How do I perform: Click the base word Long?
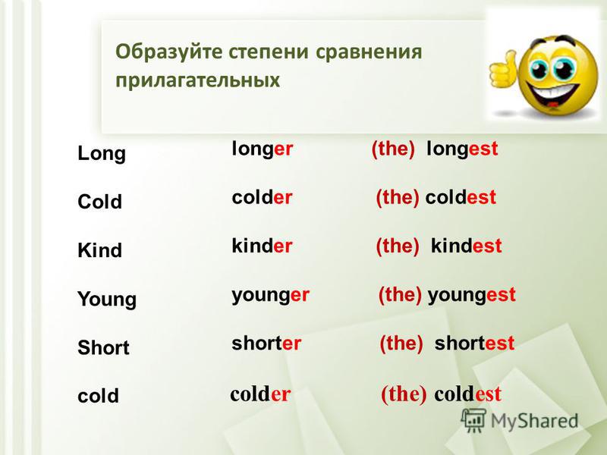point(102,154)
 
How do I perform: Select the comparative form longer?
point(262,149)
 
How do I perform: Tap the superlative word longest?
point(462,149)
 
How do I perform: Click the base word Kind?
point(99,250)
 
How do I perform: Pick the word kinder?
point(262,245)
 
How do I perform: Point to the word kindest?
point(466,245)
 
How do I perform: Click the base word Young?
point(107,300)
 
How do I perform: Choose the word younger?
point(270,295)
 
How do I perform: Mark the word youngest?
point(471,295)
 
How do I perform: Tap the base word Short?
point(103,347)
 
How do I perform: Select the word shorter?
point(266,343)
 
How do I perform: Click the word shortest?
point(474,343)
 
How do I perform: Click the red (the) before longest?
point(393,149)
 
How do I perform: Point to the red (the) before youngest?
point(400,295)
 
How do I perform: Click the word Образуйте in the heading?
point(168,52)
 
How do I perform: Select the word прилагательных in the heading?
point(197,80)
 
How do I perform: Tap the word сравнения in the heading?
point(369,52)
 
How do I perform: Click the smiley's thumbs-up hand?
point(502,70)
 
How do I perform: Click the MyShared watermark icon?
point(473,421)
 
